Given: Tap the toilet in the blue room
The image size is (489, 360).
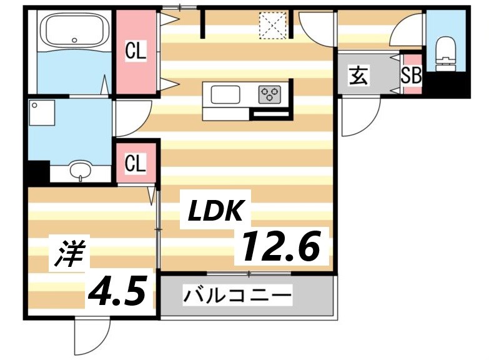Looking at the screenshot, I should [446, 50].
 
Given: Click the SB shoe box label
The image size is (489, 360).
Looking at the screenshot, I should [411, 76].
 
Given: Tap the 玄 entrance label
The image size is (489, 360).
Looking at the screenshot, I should [358, 76].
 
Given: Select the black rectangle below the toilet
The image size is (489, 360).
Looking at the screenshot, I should [449, 83].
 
